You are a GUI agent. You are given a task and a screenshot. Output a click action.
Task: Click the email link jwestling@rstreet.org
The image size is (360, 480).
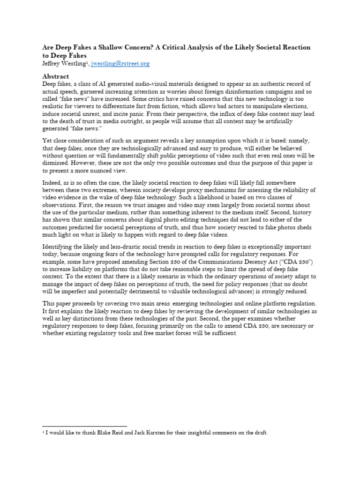coord(120,63)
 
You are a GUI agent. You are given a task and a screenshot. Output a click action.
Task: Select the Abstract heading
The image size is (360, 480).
coord(55,76)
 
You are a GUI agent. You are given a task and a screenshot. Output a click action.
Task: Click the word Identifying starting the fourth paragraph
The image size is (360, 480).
coord(59,247)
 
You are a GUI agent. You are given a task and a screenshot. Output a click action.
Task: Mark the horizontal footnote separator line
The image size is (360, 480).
coord(84,426)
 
